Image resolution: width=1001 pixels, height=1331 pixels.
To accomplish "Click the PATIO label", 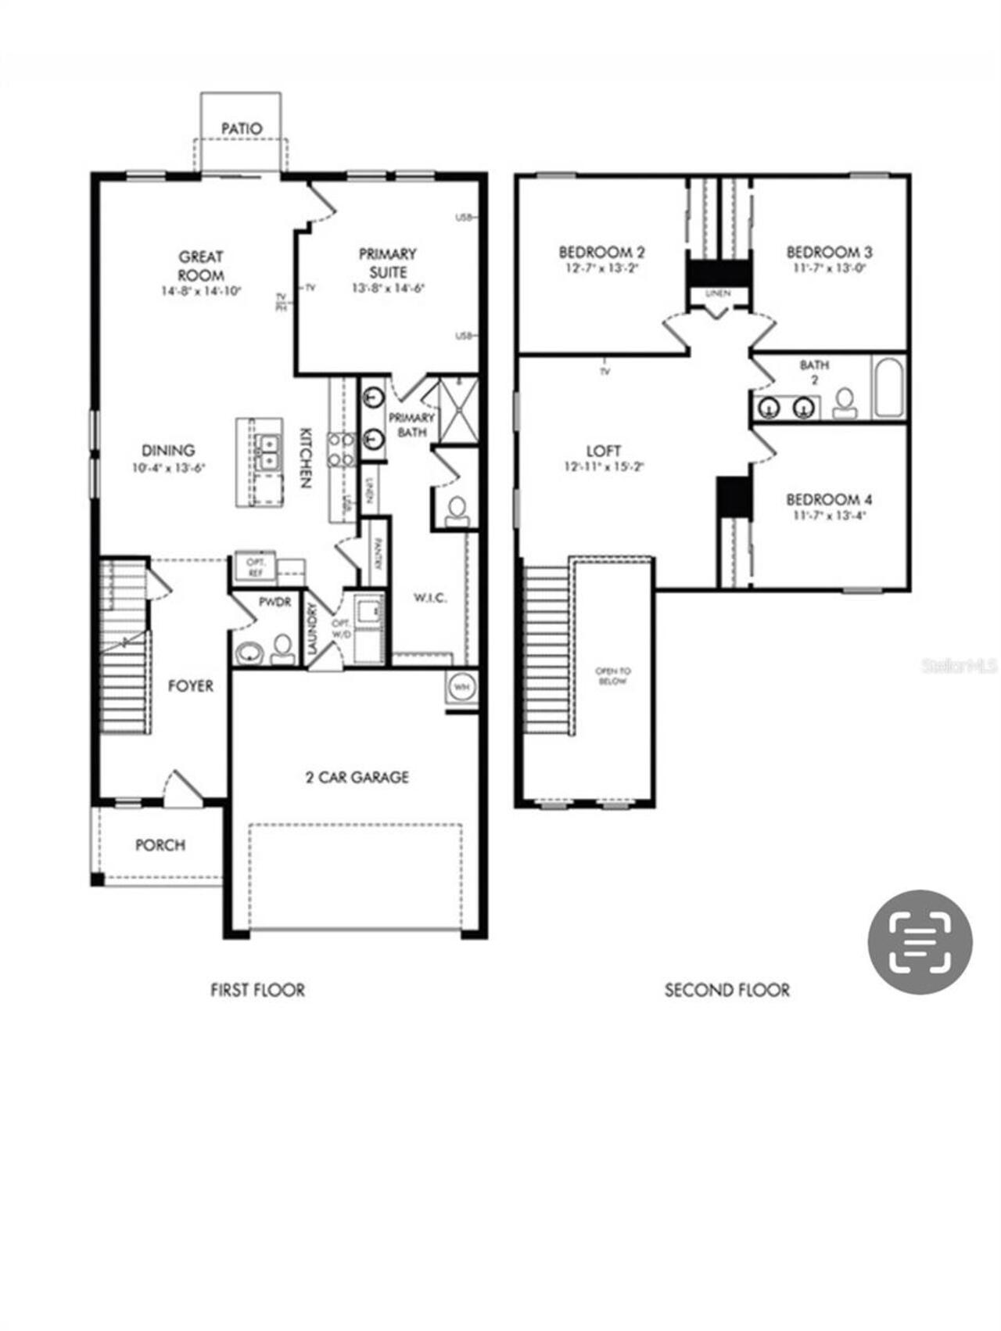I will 241,128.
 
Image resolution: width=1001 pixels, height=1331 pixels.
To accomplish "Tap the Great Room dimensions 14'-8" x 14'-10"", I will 202,291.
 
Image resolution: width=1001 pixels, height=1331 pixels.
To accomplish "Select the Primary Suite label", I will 388,263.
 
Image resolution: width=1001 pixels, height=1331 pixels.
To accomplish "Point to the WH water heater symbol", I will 461,687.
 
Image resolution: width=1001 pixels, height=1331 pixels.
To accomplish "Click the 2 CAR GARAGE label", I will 357,777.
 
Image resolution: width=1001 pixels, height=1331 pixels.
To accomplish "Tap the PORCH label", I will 160,845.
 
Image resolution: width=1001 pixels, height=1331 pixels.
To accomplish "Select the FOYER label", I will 190,686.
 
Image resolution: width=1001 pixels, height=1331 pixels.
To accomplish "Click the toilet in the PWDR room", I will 282,649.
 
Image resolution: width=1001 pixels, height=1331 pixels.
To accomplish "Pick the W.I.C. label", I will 429,599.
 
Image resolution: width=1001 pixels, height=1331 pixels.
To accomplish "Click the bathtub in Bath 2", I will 889,388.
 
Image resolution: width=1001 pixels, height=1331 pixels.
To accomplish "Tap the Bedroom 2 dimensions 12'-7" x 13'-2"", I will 601,268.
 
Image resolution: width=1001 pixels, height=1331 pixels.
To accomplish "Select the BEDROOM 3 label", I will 829,252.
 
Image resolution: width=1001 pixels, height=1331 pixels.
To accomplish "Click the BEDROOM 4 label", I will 829,499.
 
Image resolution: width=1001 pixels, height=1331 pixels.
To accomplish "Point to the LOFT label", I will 604,451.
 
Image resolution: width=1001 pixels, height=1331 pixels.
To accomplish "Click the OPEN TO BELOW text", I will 613,676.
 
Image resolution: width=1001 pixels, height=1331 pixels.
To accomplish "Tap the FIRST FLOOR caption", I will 257,990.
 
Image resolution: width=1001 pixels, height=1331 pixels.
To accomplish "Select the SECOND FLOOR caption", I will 727,990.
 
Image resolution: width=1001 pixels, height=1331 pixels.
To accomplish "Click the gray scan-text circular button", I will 920,941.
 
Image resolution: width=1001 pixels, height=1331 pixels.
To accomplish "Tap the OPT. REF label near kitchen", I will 256,568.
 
